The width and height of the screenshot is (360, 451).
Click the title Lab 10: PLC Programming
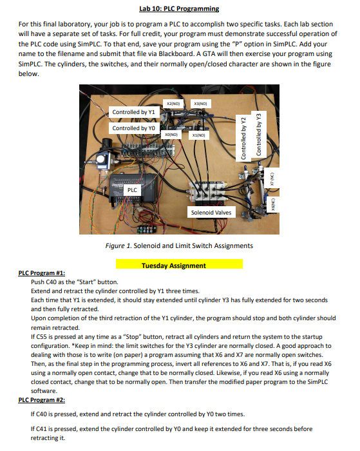(179, 8)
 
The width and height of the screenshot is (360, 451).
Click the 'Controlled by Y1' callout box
(134, 112)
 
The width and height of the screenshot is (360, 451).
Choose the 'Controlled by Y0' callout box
(134, 128)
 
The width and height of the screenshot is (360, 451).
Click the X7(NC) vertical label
(272, 178)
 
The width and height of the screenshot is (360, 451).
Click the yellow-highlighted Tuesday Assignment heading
(179, 265)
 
